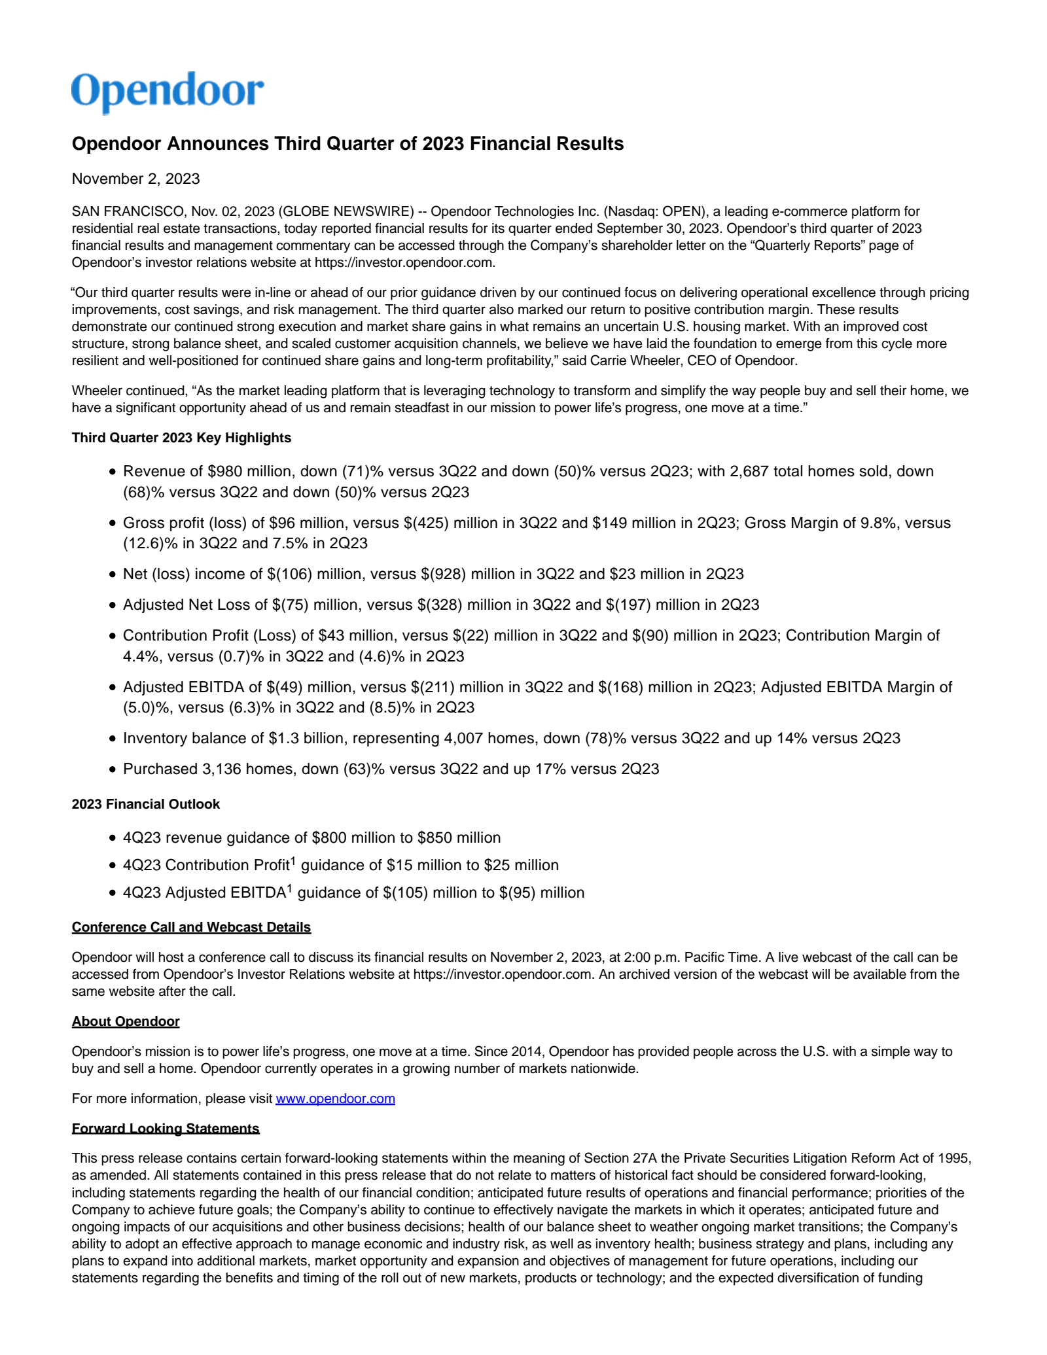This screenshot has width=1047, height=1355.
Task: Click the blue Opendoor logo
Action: click(168, 92)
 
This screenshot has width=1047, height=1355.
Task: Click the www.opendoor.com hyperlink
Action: click(335, 1099)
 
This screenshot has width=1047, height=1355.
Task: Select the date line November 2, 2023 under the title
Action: click(135, 179)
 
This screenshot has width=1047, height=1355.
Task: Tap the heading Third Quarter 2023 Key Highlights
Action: click(181, 438)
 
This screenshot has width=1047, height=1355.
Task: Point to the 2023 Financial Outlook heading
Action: click(145, 804)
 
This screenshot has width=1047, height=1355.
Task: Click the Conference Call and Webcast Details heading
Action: click(191, 927)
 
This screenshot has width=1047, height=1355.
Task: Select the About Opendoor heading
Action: click(126, 1021)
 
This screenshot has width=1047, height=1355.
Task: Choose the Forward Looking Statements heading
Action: click(166, 1129)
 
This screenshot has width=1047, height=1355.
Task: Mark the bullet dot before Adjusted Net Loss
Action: click(113, 605)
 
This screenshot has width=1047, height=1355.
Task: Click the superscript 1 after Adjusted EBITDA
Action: click(289, 889)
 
